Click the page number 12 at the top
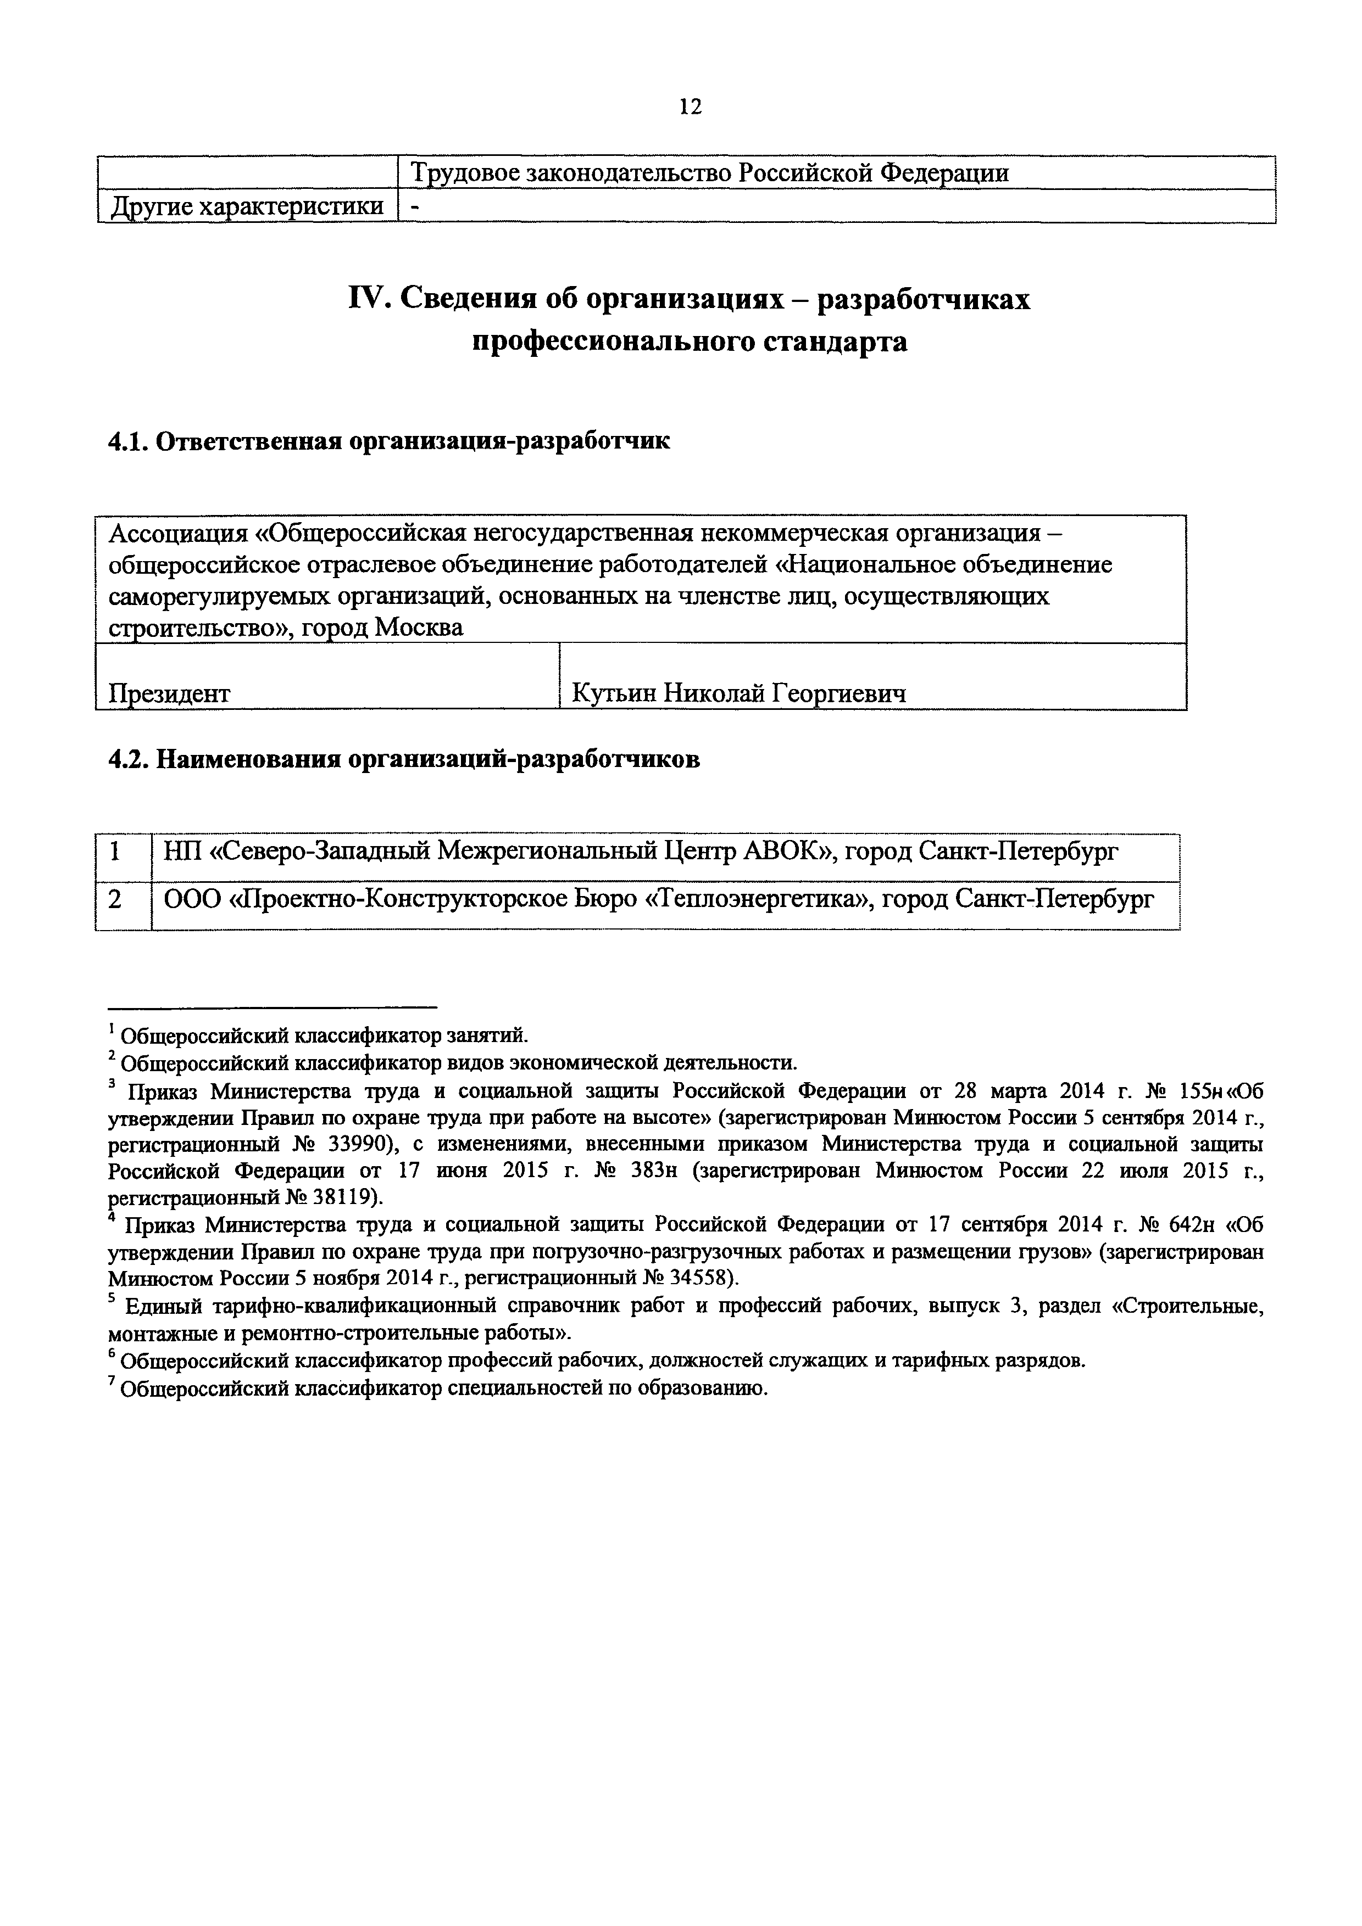pos(690,107)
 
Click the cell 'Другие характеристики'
pos(247,206)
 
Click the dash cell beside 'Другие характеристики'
pos(415,207)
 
